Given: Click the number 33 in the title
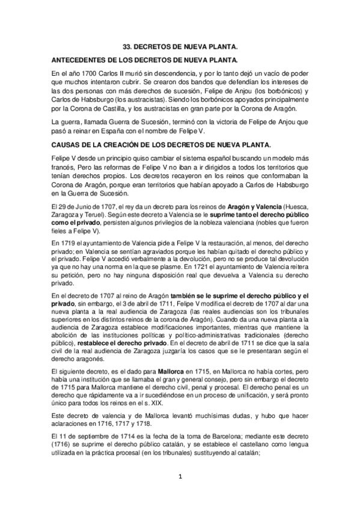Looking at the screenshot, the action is (x=126, y=46).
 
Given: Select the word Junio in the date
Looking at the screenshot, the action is (x=95, y=206).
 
